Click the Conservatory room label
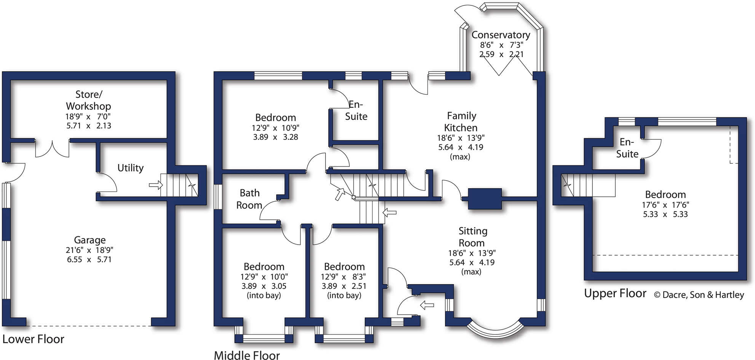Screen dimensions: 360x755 [x=501, y=35]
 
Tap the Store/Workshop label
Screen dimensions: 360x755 [x=88, y=100]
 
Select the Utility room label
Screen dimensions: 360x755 [x=130, y=168]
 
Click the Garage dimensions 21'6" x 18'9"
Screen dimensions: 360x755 [x=89, y=250]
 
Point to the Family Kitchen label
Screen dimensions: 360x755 [x=461, y=122]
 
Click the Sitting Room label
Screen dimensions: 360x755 [x=472, y=237]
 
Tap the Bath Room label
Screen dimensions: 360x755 [x=249, y=199]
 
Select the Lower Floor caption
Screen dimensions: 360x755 [x=33, y=339]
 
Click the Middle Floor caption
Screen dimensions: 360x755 [x=247, y=355]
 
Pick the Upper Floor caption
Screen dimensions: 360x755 [x=615, y=293]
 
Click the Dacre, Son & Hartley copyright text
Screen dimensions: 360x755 [x=699, y=295]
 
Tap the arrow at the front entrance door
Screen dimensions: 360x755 [x=427, y=305]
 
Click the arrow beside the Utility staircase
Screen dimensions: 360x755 [x=155, y=185]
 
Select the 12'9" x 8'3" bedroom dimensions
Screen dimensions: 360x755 [x=343, y=277]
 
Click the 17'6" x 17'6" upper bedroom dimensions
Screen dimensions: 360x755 [x=665, y=205]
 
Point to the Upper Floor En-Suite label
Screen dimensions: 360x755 [x=627, y=148]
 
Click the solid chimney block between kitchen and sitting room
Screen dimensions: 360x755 [x=484, y=198]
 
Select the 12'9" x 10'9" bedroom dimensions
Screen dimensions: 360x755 [x=275, y=128]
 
